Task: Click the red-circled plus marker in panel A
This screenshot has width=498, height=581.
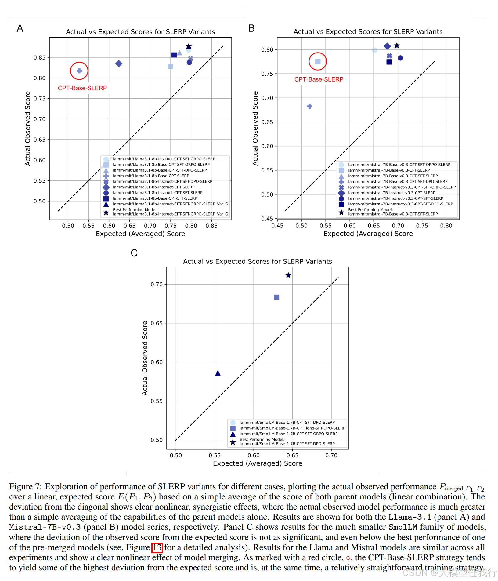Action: (79, 71)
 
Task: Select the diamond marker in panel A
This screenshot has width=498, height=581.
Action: (119, 64)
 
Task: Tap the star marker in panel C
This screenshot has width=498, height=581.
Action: (288, 275)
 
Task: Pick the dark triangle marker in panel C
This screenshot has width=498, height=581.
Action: (218, 373)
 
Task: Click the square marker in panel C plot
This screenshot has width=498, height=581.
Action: (276, 297)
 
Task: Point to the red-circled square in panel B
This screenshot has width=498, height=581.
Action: (318, 62)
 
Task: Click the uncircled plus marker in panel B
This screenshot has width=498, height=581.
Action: (309, 107)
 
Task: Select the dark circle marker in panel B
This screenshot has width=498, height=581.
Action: (400, 58)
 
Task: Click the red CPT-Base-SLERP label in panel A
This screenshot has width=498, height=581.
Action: (82, 88)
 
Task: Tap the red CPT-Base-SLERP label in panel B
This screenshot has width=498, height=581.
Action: (319, 79)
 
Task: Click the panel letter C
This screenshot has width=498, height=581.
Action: (134, 253)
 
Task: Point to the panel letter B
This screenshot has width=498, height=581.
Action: (251, 28)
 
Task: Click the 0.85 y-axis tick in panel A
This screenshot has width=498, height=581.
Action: (39, 58)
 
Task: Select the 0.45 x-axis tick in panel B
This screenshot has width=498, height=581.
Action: (277, 226)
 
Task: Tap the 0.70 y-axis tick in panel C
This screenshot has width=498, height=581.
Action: (157, 285)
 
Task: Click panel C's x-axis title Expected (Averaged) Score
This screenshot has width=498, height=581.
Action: (258, 463)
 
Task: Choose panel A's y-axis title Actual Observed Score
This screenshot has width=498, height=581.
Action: (28, 129)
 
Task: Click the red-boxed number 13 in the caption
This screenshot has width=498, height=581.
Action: (157, 547)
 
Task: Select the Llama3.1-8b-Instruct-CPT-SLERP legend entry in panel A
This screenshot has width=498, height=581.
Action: (153, 187)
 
